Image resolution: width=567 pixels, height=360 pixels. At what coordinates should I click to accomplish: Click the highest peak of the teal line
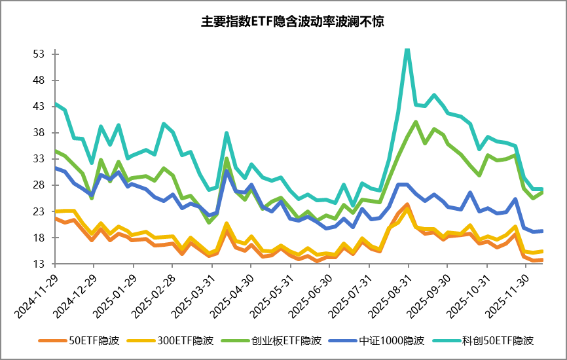pos(407,49)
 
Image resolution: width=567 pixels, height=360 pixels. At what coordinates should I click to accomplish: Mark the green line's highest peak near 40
pos(416,122)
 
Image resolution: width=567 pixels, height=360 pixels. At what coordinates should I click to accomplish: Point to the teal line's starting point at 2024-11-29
pos(55,103)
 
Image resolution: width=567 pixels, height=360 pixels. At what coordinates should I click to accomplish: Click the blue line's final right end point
pos(543,231)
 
